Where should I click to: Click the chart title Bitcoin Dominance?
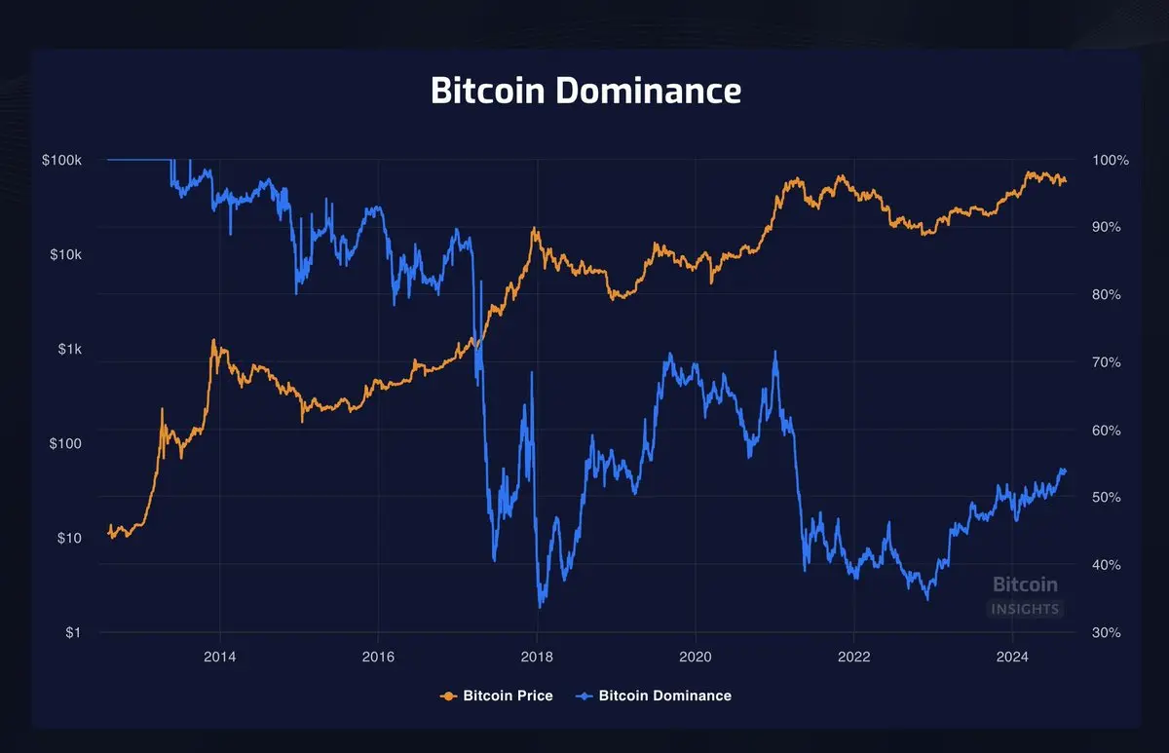click(585, 91)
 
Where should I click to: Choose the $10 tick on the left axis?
click(70, 538)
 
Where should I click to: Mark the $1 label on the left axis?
click(74, 632)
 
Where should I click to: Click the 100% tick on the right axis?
click(1111, 160)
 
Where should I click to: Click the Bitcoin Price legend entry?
click(498, 696)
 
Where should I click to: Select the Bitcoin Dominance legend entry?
click(655, 696)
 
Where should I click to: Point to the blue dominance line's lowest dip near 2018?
click(540, 606)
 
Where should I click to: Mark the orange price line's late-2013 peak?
click(213, 342)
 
